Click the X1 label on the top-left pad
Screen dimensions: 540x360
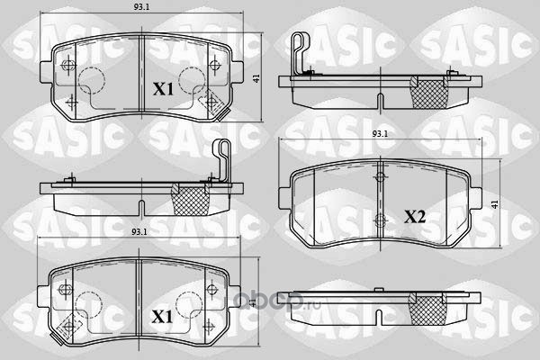tap(163, 89)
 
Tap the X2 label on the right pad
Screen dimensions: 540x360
tap(415, 217)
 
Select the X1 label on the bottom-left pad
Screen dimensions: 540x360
tap(162, 317)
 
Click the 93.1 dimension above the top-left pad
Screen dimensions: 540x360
tap(141, 7)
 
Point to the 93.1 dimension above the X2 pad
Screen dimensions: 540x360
tap(380, 134)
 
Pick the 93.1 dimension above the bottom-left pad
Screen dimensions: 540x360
tap(139, 232)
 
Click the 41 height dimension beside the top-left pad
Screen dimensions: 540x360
tap(256, 78)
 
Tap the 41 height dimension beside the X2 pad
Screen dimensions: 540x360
tap(495, 204)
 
